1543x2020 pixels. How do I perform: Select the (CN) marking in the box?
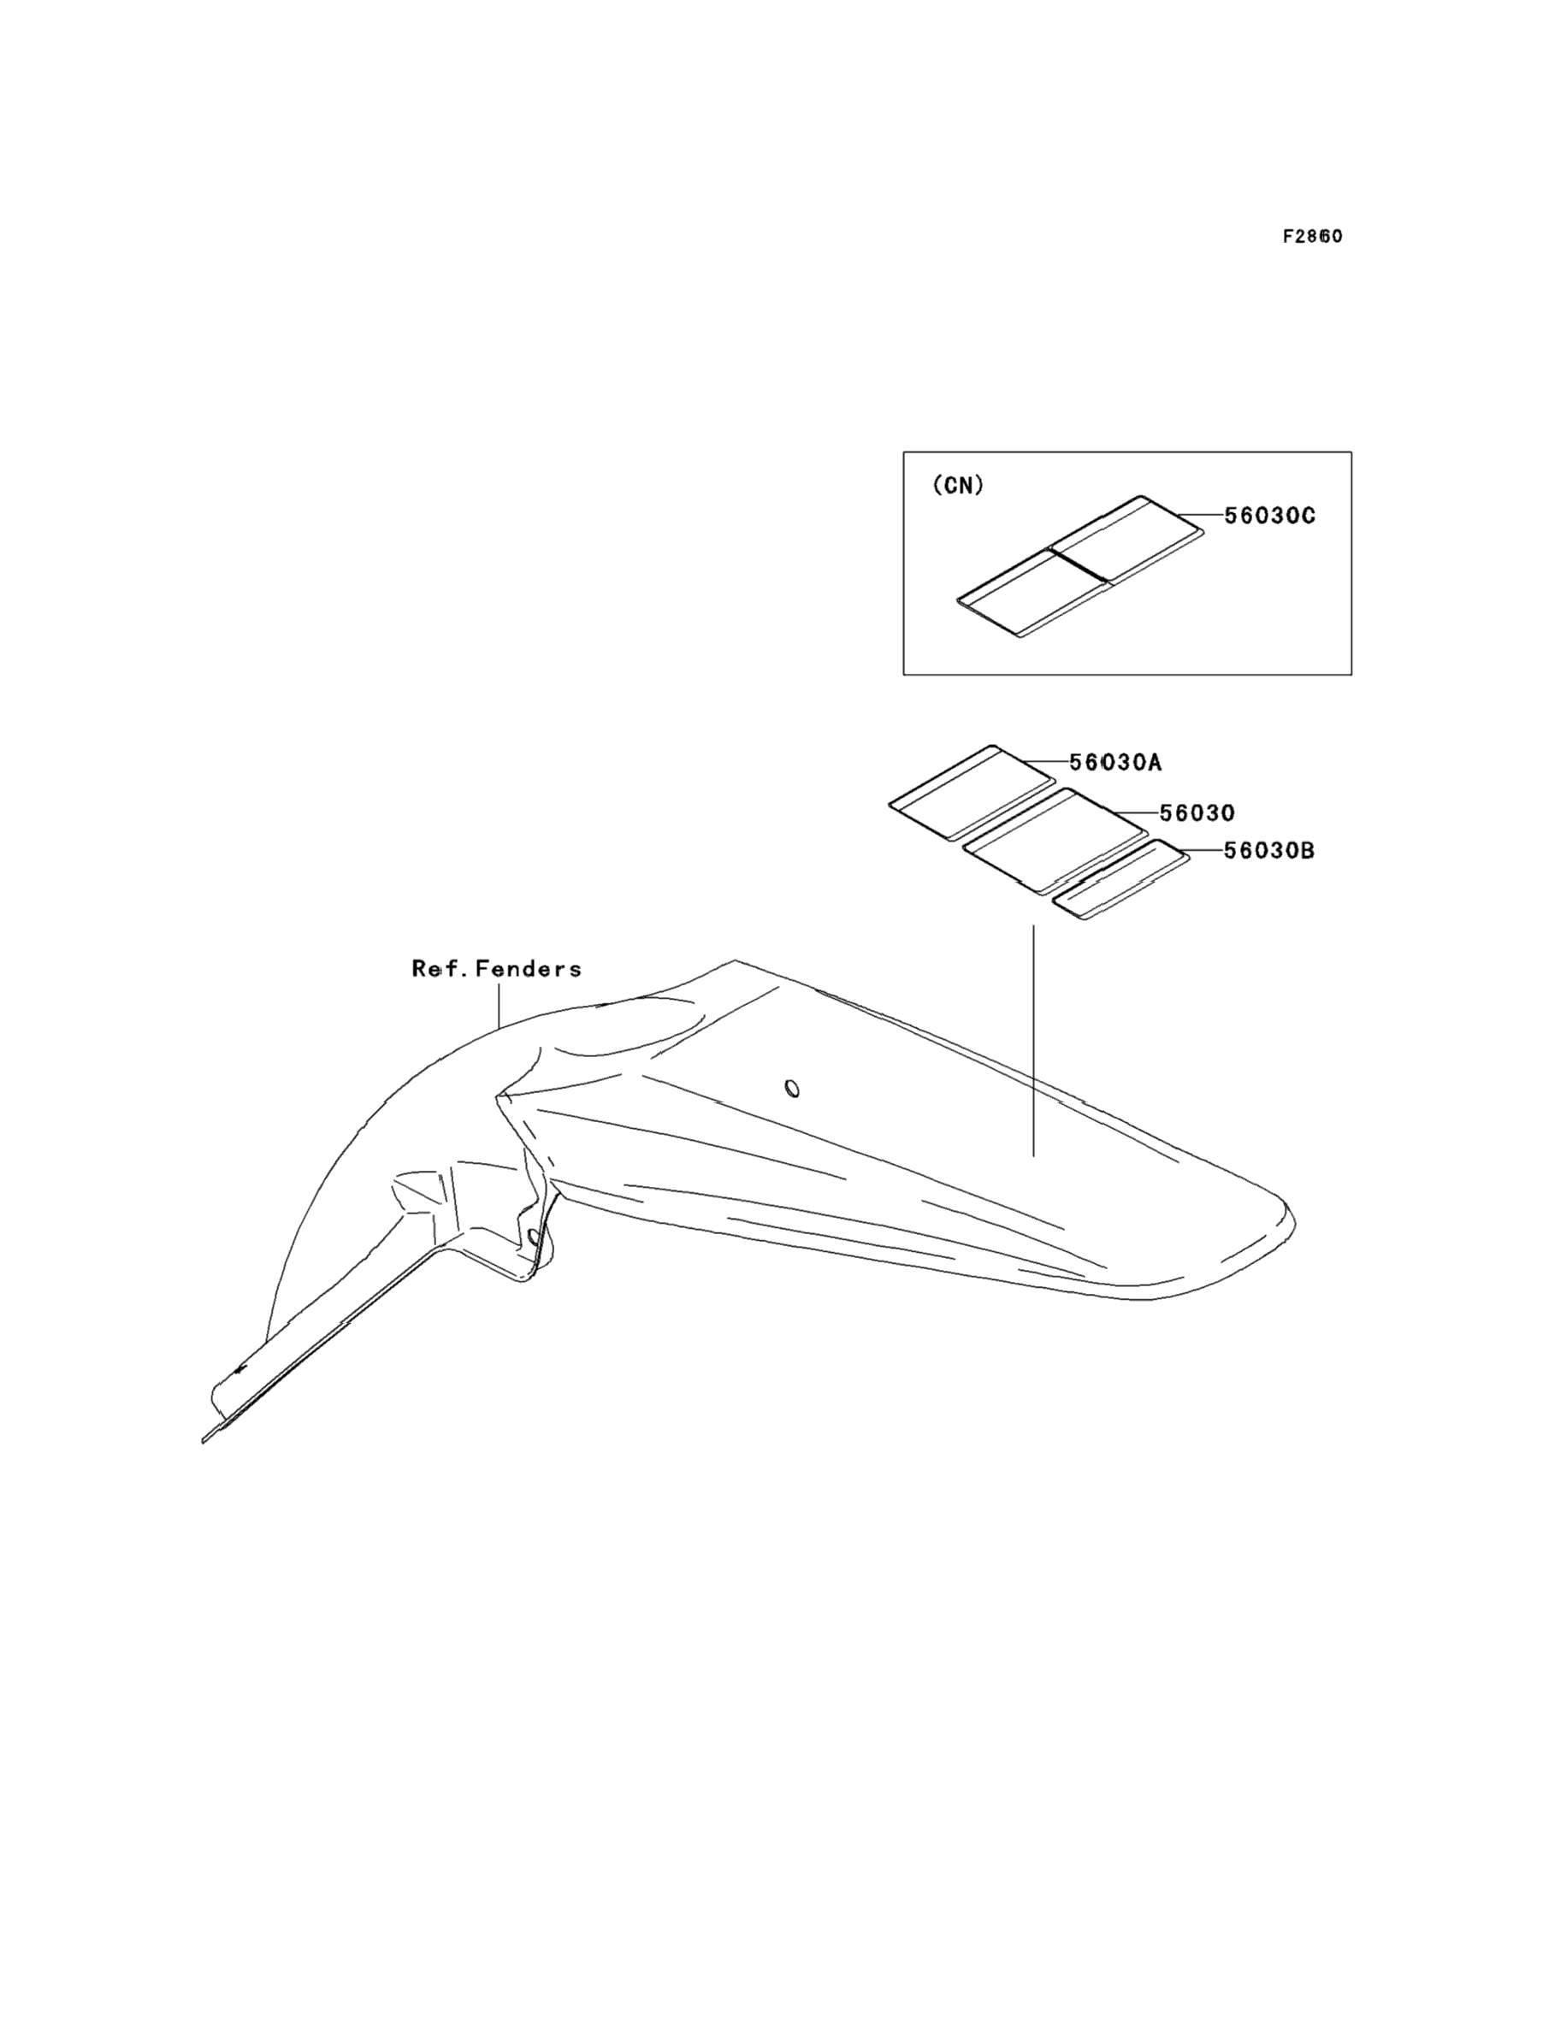point(958,486)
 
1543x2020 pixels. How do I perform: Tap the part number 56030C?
point(1269,516)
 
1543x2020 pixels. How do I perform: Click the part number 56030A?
point(1115,762)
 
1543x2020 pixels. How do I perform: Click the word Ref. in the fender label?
point(437,969)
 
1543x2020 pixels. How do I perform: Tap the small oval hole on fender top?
point(792,1089)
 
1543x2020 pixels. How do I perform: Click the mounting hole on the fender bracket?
point(533,1237)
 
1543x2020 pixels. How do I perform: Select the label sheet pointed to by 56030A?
point(972,791)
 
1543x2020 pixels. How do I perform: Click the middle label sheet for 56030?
point(1055,839)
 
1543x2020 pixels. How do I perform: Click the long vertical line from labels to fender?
point(1033,1037)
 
